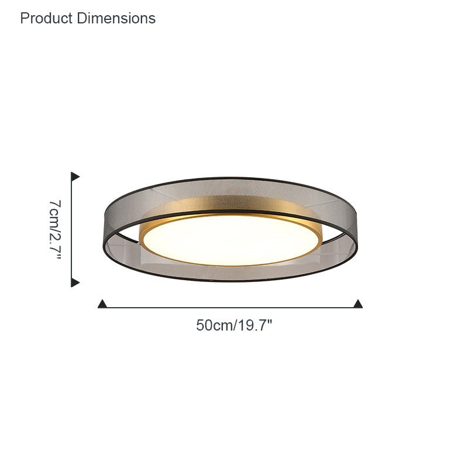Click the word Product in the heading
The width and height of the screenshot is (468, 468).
coord(46,18)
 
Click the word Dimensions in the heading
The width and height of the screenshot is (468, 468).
coord(116,18)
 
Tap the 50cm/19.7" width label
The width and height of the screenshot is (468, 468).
coord(235,325)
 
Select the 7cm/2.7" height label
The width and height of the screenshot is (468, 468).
coord(55,229)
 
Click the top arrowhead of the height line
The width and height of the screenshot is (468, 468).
coord(75,177)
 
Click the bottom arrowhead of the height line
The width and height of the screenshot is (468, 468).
coord(75,282)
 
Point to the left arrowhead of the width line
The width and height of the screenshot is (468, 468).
coord(102,304)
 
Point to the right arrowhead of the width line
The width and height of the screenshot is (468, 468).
coord(358,304)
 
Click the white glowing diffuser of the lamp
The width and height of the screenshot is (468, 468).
coord(230,240)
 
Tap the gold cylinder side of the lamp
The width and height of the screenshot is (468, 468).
coord(230,204)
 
